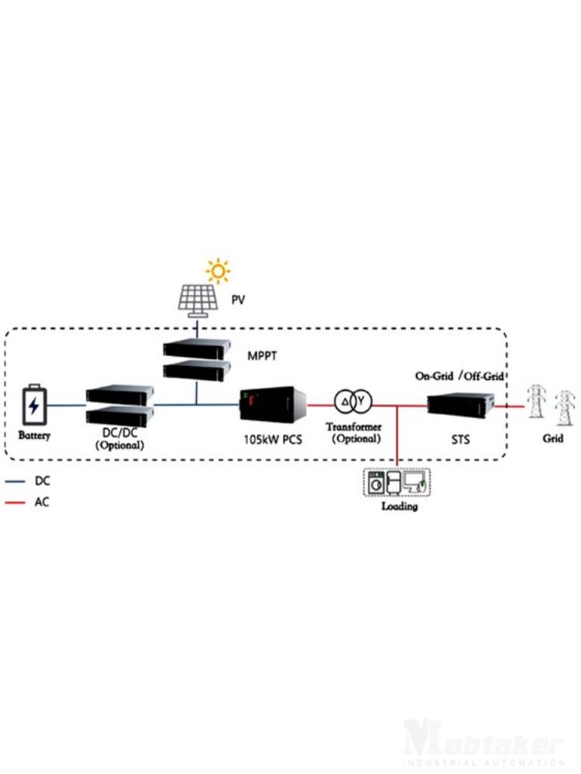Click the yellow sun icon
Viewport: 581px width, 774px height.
218,271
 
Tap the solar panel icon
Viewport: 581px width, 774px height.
198,301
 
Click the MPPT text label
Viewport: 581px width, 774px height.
263,356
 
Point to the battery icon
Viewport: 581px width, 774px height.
34,404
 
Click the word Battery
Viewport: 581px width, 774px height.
34,436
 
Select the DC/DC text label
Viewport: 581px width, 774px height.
119,434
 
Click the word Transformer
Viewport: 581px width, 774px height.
353,426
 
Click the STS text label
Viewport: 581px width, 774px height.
461,440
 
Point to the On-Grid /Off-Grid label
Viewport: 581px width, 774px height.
460,376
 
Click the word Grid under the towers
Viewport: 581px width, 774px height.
552,438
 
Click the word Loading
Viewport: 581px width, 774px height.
399,506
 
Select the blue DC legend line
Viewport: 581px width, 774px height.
15,481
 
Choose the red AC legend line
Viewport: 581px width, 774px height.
15,502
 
